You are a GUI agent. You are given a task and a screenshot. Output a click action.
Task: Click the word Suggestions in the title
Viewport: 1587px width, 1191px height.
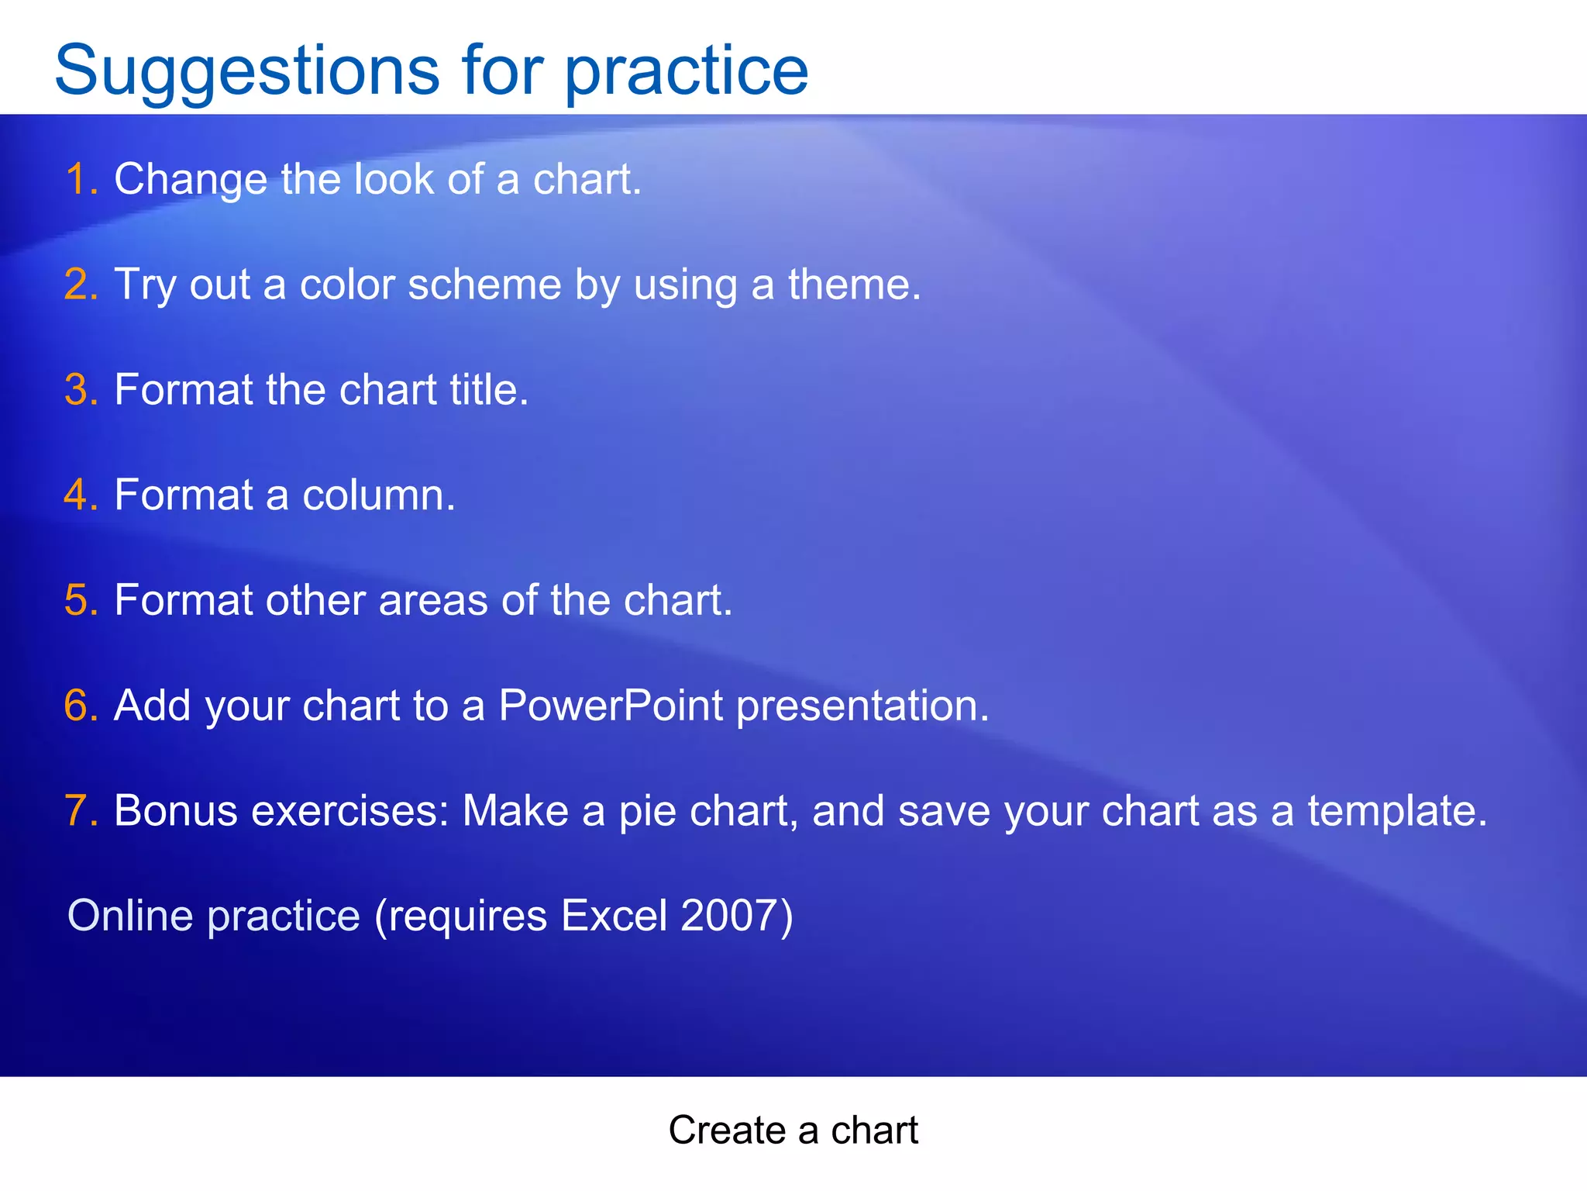tap(246, 71)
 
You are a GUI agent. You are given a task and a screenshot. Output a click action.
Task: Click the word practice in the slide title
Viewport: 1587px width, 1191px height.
tap(686, 71)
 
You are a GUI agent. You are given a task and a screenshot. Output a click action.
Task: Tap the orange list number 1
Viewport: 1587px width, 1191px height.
tap(80, 179)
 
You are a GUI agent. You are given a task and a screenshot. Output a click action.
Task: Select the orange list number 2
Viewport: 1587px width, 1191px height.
tap(81, 284)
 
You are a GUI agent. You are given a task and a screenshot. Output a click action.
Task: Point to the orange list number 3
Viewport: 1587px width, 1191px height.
tap(81, 389)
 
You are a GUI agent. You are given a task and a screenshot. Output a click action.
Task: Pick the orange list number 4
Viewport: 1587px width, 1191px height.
tap(81, 495)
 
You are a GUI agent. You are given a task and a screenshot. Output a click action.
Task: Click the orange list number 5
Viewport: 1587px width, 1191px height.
tap(81, 600)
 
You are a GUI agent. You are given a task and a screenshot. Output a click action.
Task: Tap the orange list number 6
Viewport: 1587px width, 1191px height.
tap(81, 706)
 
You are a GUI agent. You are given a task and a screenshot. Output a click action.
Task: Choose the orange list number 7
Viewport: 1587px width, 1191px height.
tap(81, 811)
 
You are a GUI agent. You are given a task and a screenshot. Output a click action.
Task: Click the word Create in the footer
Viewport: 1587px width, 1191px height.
tap(727, 1130)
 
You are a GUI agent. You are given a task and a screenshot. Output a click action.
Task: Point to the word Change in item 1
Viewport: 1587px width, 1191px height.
tap(191, 179)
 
